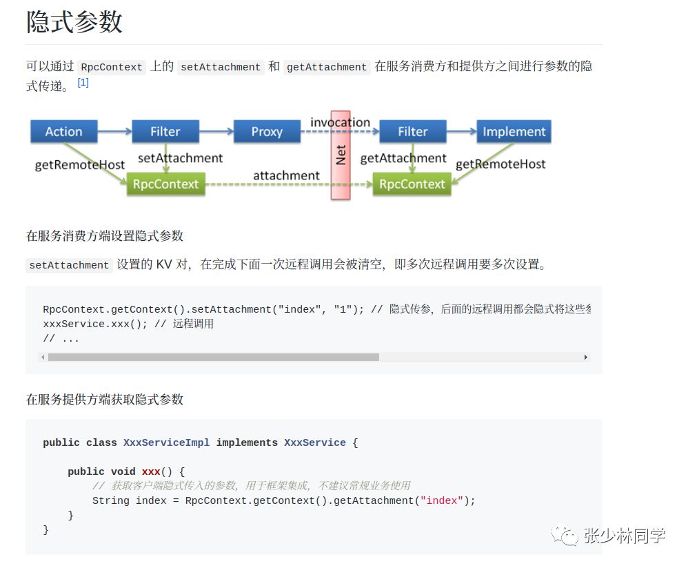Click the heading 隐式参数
point(74,22)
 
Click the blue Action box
point(63,131)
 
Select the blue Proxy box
point(267,131)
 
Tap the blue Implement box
point(514,131)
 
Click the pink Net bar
point(341,155)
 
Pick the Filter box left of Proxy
point(165,131)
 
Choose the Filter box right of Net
point(412,131)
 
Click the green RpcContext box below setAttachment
point(165,184)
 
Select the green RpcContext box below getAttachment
point(412,184)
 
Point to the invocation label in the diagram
point(340,122)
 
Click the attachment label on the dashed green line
point(286,175)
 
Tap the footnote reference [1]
point(83,82)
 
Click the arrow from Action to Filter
point(114,130)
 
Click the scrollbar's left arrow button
point(43,357)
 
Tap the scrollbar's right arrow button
point(586,357)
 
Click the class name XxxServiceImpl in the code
point(166,442)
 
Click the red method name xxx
point(151,471)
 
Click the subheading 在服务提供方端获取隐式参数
point(105,400)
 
